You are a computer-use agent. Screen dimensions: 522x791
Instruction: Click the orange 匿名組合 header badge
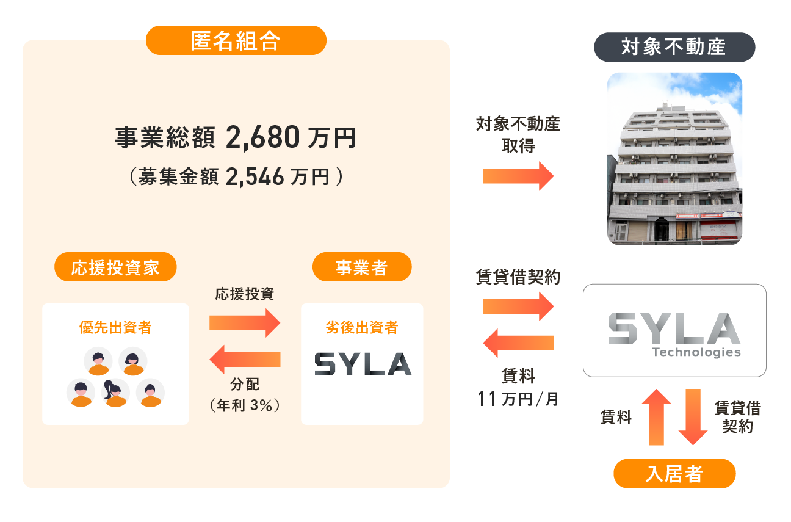236,41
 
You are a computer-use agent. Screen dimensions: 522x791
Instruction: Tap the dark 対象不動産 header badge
674,47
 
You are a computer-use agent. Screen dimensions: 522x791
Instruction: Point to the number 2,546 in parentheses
255,177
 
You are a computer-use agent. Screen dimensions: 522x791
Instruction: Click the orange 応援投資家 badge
115,269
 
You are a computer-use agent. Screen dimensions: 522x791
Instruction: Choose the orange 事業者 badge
361,269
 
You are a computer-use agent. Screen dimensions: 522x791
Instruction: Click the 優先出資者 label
115,328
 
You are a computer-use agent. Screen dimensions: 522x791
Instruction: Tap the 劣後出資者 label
362,328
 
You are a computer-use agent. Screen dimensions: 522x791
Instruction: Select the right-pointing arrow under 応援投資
244,322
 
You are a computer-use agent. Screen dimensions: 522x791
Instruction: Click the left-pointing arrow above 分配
244,360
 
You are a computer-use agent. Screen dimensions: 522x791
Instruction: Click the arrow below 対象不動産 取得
518,176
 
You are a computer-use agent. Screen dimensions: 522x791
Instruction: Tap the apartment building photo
674,159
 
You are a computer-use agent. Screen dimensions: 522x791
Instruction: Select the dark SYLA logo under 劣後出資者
363,364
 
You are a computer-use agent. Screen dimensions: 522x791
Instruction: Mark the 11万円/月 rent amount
518,401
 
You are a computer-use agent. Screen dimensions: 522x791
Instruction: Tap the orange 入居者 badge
674,474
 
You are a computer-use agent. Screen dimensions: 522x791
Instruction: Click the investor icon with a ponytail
115,393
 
